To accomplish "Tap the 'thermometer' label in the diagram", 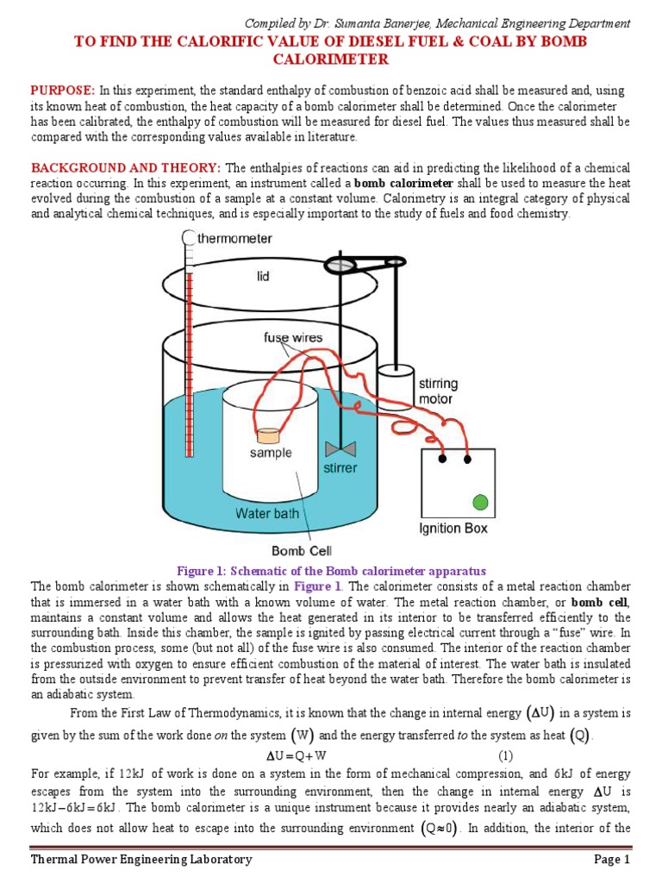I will (x=235, y=238).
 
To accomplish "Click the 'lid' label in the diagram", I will (x=263, y=278).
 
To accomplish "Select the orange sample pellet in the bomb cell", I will (x=269, y=435).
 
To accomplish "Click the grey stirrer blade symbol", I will (x=340, y=449).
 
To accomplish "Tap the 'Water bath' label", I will (x=268, y=513).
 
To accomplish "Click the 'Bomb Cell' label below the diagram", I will (x=302, y=550).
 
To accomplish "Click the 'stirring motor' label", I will (x=439, y=391).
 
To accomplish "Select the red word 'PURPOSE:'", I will (x=64, y=91).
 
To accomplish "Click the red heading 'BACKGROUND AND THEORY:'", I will (x=126, y=167).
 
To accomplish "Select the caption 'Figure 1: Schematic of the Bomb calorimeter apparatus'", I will (x=332, y=571).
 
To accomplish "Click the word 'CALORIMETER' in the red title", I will (x=331, y=59).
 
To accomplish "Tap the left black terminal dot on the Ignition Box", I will (x=443, y=458).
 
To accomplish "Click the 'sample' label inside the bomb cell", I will (x=271, y=453).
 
